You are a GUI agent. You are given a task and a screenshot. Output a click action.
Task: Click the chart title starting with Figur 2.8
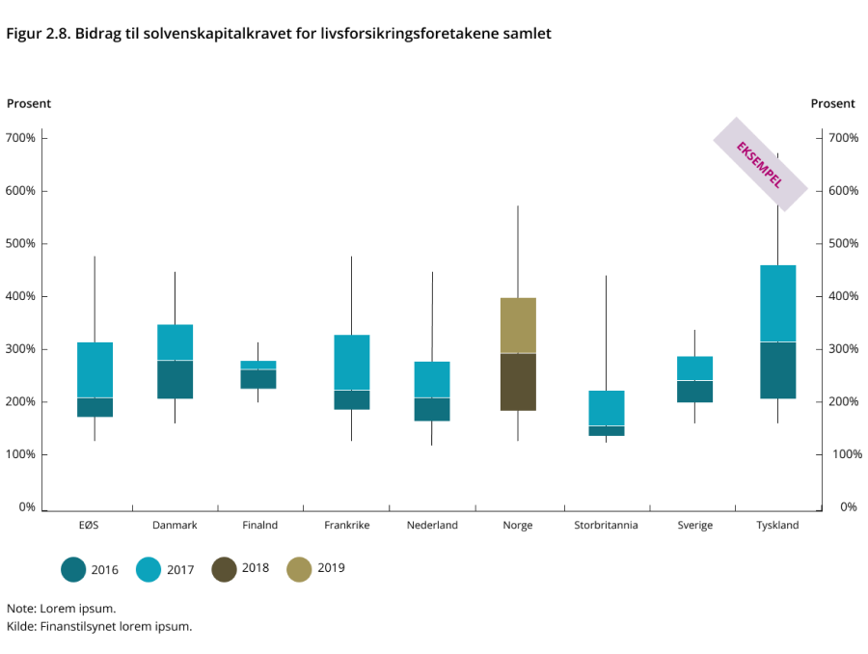[x=279, y=34]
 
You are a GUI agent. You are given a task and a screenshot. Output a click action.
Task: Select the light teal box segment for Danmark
[x=176, y=342]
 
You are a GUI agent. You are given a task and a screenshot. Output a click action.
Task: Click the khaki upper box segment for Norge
[x=518, y=325]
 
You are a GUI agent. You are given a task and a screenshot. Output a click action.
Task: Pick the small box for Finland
[x=258, y=374]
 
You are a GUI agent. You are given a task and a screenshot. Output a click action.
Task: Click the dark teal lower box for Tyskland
[x=777, y=370]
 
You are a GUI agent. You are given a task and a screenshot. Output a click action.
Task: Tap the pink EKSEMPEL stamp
[x=759, y=164]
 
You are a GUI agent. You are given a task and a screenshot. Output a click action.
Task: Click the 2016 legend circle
[x=73, y=569]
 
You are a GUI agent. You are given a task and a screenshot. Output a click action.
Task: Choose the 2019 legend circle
[x=300, y=569]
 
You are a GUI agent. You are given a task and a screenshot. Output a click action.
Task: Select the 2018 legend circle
[x=225, y=569]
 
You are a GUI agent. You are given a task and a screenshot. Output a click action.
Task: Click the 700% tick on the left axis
[x=21, y=138]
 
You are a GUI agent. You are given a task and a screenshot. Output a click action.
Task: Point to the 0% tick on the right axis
[x=849, y=506]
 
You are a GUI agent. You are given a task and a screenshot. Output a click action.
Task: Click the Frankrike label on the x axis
[x=347, y=526]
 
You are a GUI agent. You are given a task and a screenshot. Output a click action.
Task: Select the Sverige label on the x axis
[x=694, y=526]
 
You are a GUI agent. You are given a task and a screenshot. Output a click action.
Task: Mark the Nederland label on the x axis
[x=432, y=526]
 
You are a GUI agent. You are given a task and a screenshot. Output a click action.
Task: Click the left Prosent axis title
[x=29, y=103]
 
